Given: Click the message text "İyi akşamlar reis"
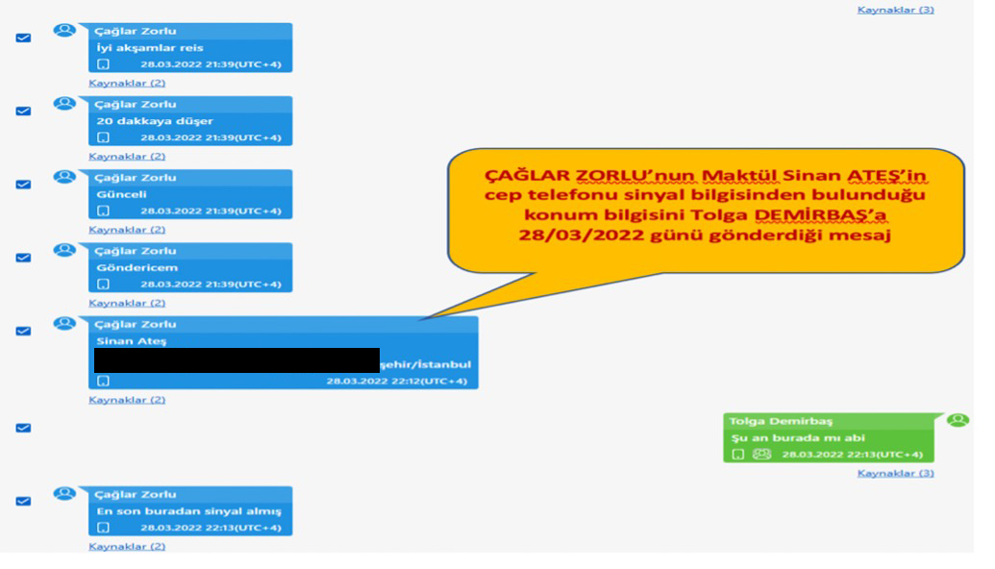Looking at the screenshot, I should (150, 48).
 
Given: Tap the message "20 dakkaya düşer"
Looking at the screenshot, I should (155, 121).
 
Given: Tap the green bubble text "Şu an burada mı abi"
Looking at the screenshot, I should (784, 438).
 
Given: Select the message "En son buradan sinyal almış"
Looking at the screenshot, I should (187, 511).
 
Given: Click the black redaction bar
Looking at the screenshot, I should (236, 360).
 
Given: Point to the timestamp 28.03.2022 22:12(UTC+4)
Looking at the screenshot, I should (396, 381).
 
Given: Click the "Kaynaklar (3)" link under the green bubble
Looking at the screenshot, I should (895, 473).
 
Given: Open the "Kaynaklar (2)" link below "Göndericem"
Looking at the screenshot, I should (127, 303).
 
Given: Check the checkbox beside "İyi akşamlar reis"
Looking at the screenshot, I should (24, 37).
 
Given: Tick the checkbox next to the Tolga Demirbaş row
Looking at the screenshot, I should (24, 428).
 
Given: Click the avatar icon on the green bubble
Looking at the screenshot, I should (958, 420).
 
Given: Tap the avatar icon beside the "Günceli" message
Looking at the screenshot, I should (65, 177).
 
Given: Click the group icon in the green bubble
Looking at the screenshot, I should (761, 454).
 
